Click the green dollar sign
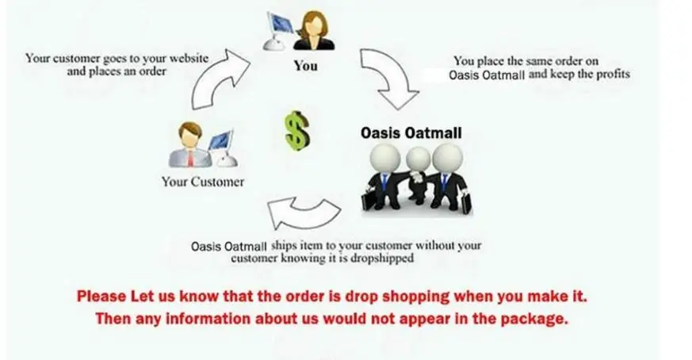coord(297,128)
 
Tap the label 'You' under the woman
coord(305,66)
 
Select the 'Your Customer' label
coord(203,182)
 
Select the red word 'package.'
coord(536,320)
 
